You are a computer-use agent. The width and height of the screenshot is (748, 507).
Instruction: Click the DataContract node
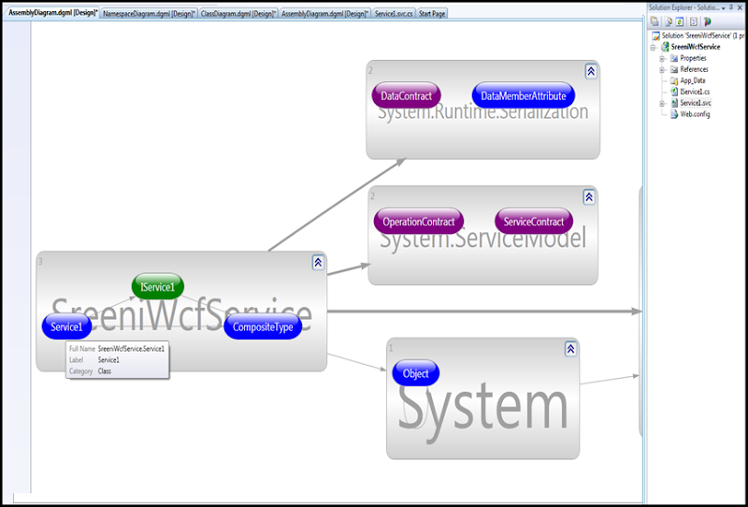coord(406,95)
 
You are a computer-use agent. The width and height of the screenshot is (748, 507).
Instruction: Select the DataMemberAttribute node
coord(523,95)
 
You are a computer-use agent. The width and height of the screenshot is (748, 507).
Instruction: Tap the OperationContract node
coord(418,222)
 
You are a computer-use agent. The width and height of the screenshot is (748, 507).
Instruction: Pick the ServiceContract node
coord(534,222)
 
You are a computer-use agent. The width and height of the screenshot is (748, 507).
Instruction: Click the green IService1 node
coord(158,286)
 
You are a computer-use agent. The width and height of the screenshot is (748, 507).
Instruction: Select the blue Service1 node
coord(66,326)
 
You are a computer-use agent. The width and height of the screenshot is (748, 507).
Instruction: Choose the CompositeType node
coord(263,326)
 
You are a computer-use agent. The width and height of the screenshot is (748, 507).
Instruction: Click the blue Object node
coord(415,373)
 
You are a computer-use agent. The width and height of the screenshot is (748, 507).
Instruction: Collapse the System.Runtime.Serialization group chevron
coord(591,71)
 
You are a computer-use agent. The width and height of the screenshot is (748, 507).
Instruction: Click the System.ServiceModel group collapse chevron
coord(589,197)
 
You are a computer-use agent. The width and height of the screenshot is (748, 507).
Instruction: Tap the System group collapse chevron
coord(570,349)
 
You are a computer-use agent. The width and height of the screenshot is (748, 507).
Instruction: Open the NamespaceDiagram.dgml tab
coord(148,14)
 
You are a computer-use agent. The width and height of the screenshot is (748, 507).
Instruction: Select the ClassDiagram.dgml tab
coord(237,14)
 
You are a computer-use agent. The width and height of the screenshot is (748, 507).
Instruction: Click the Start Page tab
coord(432,14)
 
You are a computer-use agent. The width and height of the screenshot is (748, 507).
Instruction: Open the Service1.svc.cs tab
coord(393,14)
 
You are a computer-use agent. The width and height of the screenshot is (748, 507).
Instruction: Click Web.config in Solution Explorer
coord(695,114)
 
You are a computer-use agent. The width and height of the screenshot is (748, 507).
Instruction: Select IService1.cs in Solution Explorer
coord(695,92)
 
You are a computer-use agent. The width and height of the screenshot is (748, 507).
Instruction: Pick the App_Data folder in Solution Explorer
coord(693,80)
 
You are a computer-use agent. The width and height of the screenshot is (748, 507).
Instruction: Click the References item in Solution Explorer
coord(694,69)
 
